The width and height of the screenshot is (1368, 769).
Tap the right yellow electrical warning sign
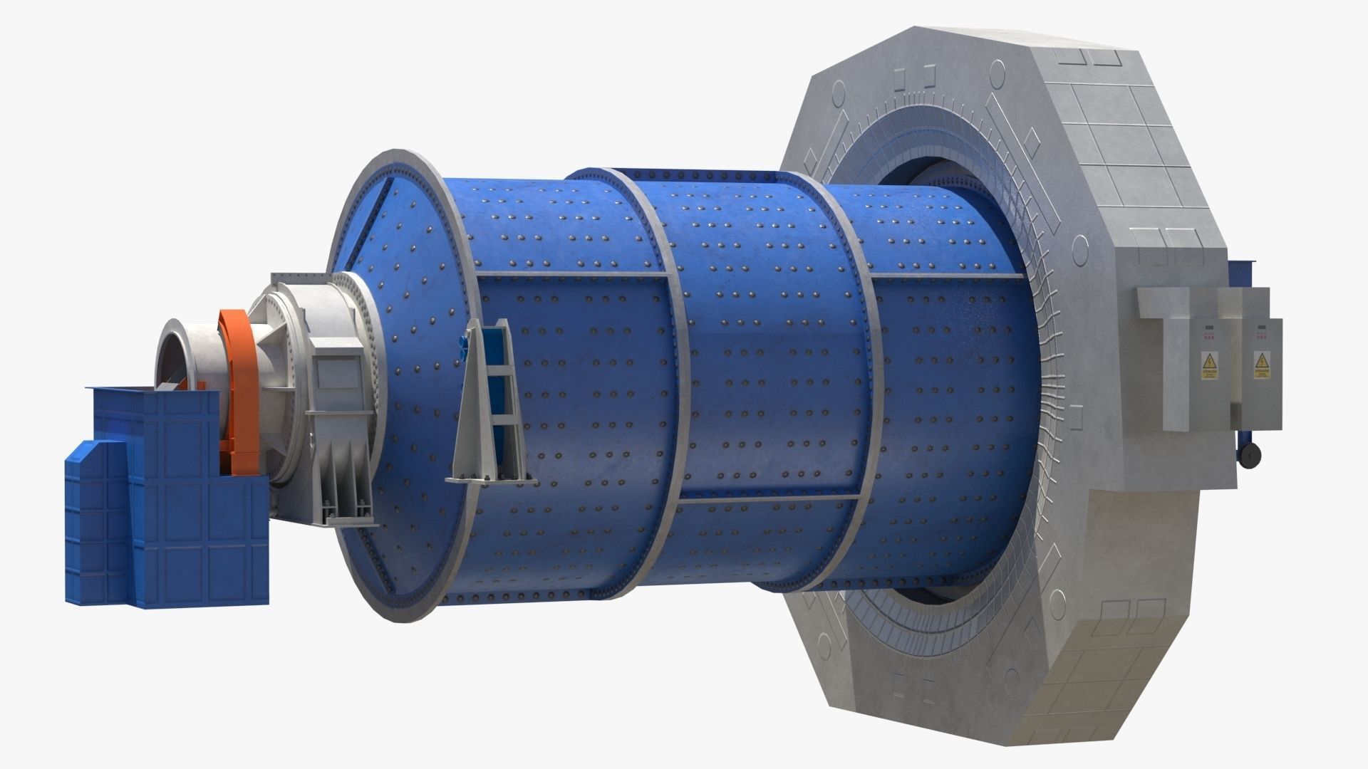[x=1262, y=365]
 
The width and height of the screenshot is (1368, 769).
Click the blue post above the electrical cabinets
[x=1240, y=274]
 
